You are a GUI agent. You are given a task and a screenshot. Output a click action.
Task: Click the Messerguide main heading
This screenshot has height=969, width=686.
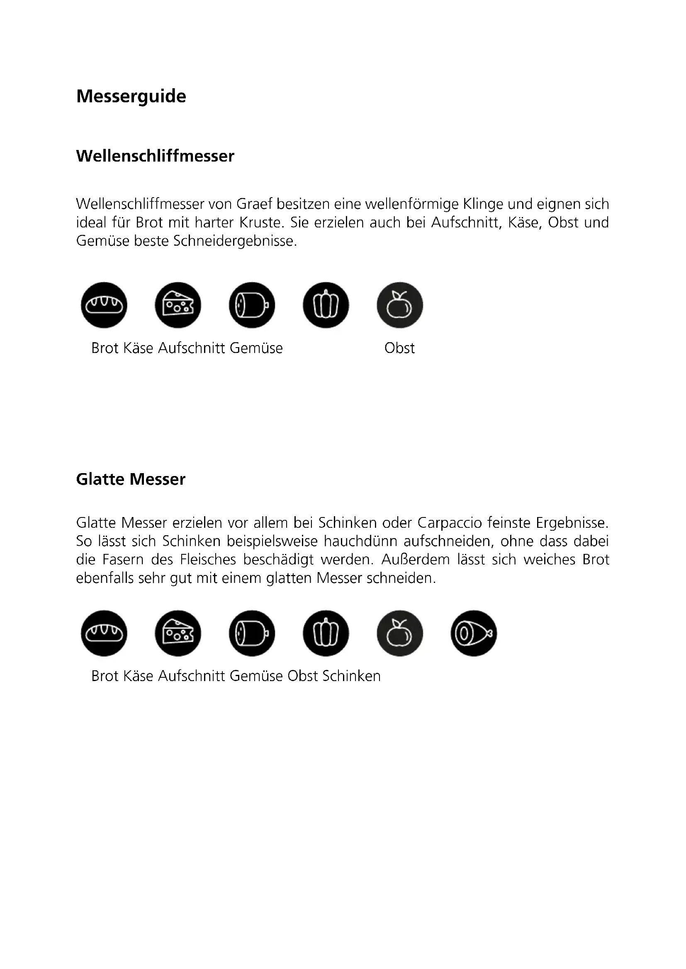pyautogui.click(x=131, y=96)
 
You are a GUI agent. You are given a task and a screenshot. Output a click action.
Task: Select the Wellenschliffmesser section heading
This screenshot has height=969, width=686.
pyautogui.click(x=155, y=156)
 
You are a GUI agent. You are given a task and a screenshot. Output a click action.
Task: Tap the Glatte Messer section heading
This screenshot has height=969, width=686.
pyautogui.click(x=131, y=479)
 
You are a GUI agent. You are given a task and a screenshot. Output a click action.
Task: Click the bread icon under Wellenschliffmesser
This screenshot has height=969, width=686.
pyautogui.click(x=104, y=305)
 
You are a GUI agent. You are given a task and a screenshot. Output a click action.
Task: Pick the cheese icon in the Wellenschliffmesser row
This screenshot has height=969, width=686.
pyautogui.click(x=178, y=305)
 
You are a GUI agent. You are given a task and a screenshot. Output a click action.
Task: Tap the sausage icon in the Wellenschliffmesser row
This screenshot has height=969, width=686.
pyautogui.click(x=252, y=305)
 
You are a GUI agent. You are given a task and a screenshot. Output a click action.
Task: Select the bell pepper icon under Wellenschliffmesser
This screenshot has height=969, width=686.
pyautogui.click(x=326, y=305)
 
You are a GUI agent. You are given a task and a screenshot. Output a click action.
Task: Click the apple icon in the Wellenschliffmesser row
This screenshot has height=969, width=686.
pyautogui.click(x=399, y=305)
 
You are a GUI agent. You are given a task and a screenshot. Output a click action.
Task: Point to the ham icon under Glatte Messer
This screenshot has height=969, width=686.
pyautogui.click(x=474, y=633)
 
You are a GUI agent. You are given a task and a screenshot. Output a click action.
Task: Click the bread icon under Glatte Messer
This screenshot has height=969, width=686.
pyautogui.click(x=104, y=633)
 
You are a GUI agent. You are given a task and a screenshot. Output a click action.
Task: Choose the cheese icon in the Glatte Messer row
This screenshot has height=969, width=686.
pyautogui.click(x=178, y=633)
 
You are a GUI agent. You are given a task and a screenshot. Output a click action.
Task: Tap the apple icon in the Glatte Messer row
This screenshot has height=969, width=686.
pyautogui.click(x=399, y=633)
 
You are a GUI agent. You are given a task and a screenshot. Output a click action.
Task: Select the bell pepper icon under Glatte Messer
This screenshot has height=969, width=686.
pyautogui.click(x=326, y=633)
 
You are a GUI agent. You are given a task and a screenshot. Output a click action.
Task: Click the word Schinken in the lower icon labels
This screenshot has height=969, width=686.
pyautogui.click(x=351, y=676)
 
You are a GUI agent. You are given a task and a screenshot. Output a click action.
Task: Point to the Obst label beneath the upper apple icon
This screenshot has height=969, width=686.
pyautogui.click(x=399, y=348)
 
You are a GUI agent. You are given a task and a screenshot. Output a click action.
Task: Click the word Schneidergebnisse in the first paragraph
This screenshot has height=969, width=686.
pyautogui.click(x=235, y=241)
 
